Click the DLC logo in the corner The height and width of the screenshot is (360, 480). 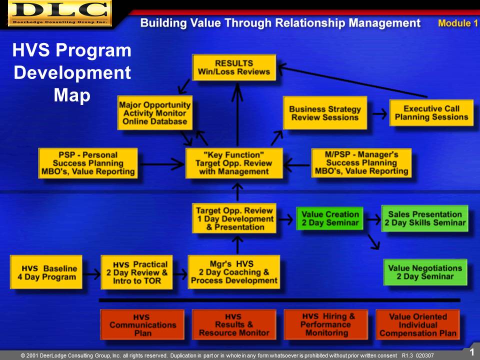tap(60, 13)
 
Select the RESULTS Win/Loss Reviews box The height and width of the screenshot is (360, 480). tap(234, 67)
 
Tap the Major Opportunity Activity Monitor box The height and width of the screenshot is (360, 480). tap(155, 113)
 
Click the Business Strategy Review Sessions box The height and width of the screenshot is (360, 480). tap(325, 113)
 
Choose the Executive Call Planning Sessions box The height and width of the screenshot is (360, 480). tap(431, 113)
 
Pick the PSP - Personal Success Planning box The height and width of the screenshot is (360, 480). tap(88, 163)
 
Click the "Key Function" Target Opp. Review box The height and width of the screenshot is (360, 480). tap(234, 163)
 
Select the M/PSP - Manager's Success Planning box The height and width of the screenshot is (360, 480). tap(361, 163)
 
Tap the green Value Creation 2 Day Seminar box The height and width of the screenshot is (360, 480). tap(329, 218)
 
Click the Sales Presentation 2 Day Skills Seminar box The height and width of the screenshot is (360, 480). tap(425, 218)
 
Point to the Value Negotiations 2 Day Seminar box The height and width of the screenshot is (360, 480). tap(425, 272)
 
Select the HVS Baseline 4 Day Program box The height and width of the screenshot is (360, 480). tap(46, 272)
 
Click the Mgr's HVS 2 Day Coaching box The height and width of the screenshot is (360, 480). tap(234, 272)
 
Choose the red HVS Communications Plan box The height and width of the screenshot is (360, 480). tap(142, 325)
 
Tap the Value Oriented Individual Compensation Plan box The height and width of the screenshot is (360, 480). tap(418, 325)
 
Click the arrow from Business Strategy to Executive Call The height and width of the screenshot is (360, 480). tap(379, 114)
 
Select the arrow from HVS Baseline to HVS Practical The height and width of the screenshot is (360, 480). tap(91, 274)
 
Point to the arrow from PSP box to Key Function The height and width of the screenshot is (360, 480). tap(162, 164)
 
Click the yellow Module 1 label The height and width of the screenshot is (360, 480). tap(458, 23)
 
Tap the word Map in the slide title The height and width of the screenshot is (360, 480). tap(72, 95)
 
